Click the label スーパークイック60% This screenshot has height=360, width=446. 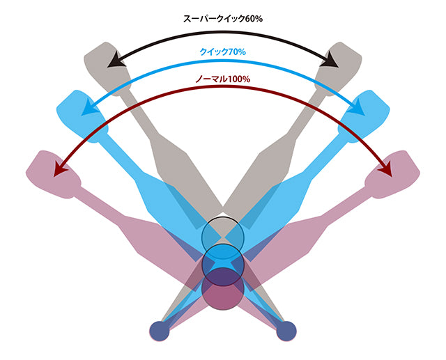(223, 19)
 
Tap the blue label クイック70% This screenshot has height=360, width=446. (223, 52)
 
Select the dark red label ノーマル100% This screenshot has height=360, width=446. (223, 79)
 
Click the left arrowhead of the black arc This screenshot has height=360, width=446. (116, 60)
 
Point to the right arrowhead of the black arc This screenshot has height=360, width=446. (330, 60)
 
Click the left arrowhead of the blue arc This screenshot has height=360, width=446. (89, 107)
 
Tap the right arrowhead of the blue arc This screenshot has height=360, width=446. (357, 107)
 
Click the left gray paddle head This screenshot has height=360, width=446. (107, 69)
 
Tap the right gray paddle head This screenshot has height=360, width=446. (339, 69)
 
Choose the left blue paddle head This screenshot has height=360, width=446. (82, 116)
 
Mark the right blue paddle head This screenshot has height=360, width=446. (364, 116)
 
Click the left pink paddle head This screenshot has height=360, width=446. (54, 174)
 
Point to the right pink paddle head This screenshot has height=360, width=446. (392, 174)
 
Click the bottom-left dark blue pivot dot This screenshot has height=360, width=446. (160, 331)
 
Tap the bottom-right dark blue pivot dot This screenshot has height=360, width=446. (286, 331)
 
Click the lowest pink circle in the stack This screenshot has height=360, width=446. (223, 289)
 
